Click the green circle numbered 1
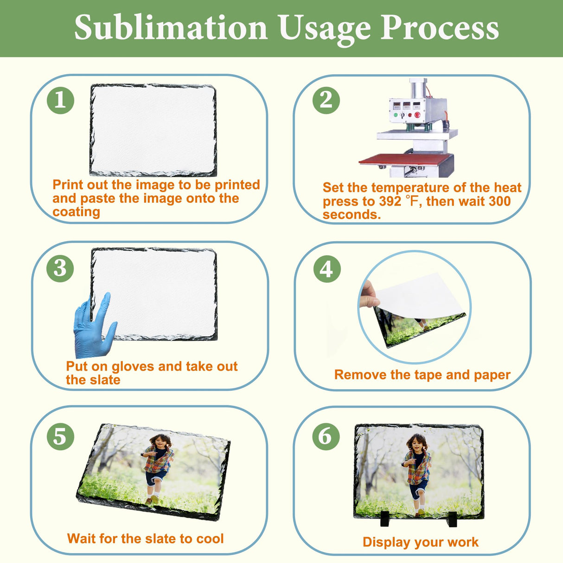60,100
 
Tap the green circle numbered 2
326,100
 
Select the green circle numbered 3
60,268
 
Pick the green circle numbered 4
327,269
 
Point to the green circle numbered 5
60,436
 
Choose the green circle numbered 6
326,436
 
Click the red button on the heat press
417,115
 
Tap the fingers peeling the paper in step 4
370,294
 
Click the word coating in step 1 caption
76,212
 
